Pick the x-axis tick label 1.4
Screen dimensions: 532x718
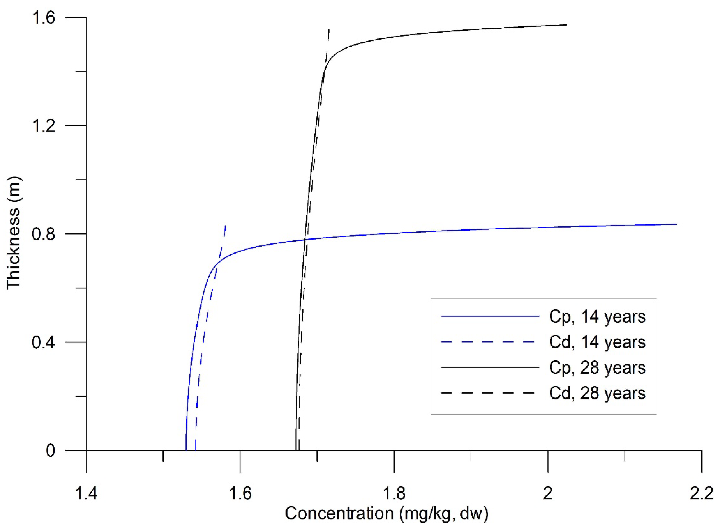pyautogui.click(x=86, y=493)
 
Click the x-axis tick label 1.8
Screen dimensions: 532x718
pyautogui.click(x=394, y=493)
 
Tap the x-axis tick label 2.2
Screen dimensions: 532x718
pyautogui.click(x=702, y=493)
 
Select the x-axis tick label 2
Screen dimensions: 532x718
pyautogui.click(x=548, y=493)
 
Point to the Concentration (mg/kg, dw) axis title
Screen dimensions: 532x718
pyautogui.click(x=387, y=513)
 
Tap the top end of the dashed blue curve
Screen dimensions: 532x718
pyautogui.click(x=225, y=225)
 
